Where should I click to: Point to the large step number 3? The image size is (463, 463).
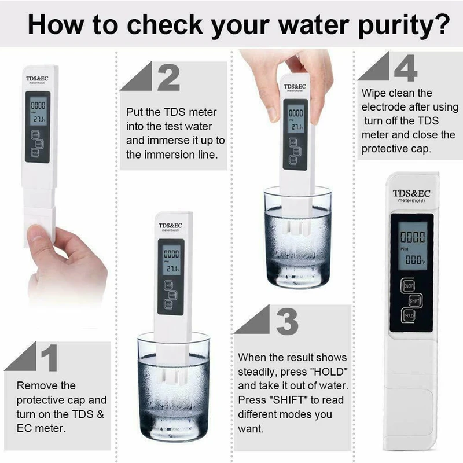[286, 321]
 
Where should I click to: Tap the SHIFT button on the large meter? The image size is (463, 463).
[415, 301]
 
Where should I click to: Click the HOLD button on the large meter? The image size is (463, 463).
[409, 315]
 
